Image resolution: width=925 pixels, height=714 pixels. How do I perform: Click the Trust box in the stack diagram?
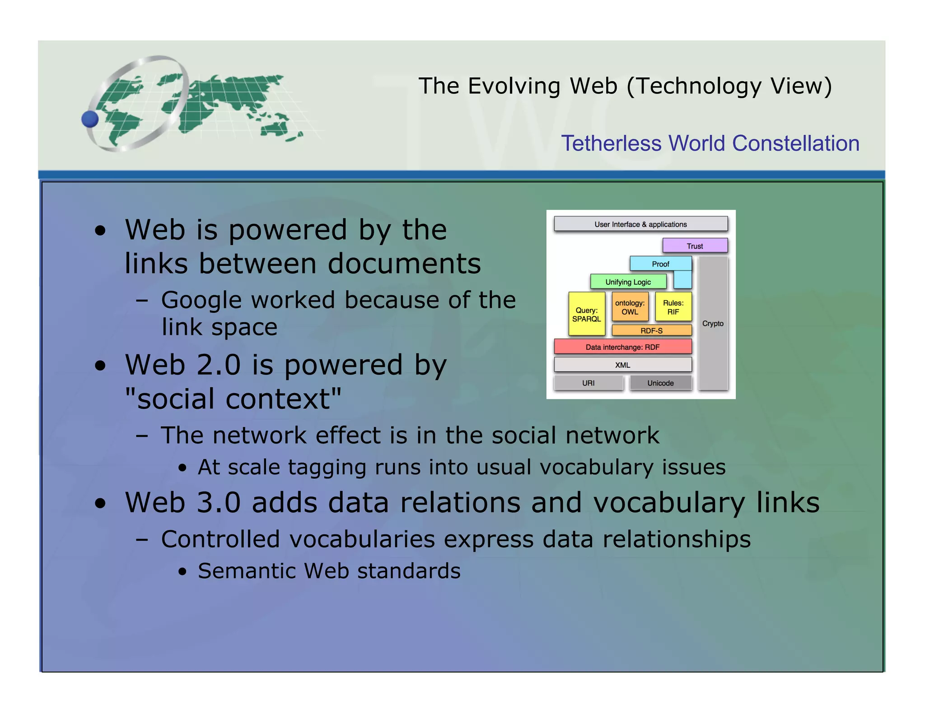coord(695,246)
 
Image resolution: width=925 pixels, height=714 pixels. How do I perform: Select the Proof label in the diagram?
coord(660,264)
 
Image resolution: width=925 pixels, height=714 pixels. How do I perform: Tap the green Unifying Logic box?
coord(628,282)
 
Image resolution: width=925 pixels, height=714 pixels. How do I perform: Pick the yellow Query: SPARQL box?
coord(586,315)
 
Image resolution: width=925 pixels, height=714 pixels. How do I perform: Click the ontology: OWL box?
coord(630,307)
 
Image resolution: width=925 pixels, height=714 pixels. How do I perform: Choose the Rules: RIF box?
coord(673,307)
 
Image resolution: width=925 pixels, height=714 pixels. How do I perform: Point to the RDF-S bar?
coord(651,331)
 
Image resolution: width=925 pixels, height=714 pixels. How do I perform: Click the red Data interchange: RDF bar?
coord(622,347)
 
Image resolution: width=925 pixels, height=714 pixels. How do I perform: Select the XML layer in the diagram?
coord(622,365)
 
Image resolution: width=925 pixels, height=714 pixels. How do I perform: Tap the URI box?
coord(588,383)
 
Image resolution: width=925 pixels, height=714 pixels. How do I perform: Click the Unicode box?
coord(660,383)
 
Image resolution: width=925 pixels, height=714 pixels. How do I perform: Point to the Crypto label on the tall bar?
coord(713,324)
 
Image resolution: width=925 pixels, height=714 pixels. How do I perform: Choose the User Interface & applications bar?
coord(640,224)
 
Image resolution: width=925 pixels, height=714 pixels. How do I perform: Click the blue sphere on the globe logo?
coord(90,119)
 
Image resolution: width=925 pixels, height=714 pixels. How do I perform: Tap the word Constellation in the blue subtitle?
coord(795,144)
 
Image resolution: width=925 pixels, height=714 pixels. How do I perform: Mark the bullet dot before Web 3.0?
coord(100,504)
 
